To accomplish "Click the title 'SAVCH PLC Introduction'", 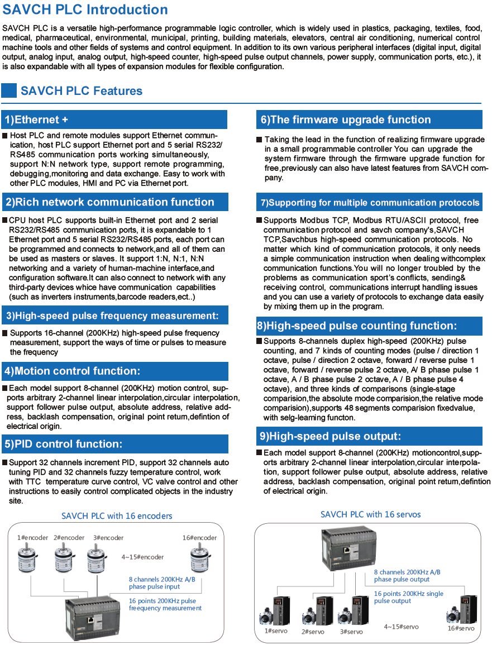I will pos(85,10).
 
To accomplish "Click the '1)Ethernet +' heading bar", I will pos(115,120).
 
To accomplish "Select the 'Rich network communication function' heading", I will pos(115,202).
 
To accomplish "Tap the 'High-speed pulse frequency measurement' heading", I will pos(115,316).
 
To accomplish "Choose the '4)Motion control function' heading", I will pos(115,371).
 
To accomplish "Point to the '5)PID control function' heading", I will pos(115,444).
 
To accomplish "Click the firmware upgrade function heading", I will pos(369,120).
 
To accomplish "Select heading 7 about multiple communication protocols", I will pos(369,202).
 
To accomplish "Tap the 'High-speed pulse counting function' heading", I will pos(369,326).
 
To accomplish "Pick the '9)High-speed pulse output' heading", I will pos(369,436).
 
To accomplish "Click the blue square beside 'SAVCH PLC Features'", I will pos(9,90).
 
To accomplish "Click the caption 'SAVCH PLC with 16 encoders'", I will pos(117,516).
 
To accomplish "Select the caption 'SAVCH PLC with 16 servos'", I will pos(370,514).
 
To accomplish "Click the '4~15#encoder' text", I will pos(143,557).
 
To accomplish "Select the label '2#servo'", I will pos(313,632).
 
